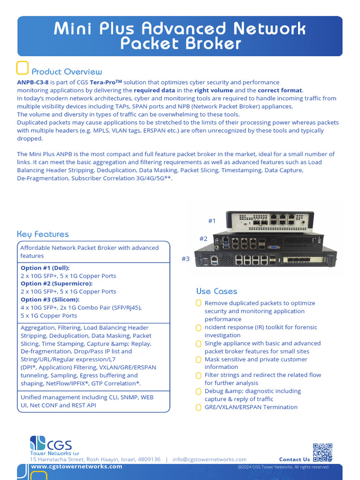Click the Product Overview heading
coord(67,72)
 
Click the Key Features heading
coord(43,234)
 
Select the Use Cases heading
coord(217,291)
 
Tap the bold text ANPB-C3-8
coord(32,82)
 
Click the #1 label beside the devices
coord(212,221)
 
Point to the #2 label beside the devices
coord(203,239)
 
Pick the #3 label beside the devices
coord(186,259)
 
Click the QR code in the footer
coord(322,452)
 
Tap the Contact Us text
coord(294,459)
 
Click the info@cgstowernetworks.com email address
coord(209,459)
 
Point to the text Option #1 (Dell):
coord(45,268)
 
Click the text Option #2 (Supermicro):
coord(57,284)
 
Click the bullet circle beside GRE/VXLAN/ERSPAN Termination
coord(199,407)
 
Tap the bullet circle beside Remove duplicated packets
coord(199,303)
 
